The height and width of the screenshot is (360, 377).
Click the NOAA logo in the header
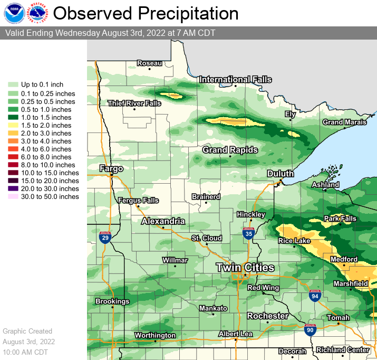[x=13, y=13]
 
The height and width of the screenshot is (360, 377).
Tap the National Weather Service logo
[x=37, y=13]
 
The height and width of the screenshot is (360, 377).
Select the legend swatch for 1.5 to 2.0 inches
[x=13, y=126]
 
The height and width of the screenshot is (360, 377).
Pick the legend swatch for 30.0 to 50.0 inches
[x=13, y=197]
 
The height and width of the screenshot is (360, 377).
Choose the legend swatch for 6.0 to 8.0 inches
[x=13, y=157]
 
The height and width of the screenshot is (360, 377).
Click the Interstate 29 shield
[x=104, y=237]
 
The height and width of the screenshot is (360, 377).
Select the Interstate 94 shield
[x=315, y=295]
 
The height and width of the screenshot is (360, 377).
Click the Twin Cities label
[x=245, y=268]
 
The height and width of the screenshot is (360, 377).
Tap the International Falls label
[x=235, y=80]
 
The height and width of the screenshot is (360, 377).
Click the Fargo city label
[x=111, y=169]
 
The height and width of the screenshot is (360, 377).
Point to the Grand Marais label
[x=344, y=122]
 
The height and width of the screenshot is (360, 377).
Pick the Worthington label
[x=155, y=335]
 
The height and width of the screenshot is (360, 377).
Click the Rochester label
[x=268, y=316]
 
